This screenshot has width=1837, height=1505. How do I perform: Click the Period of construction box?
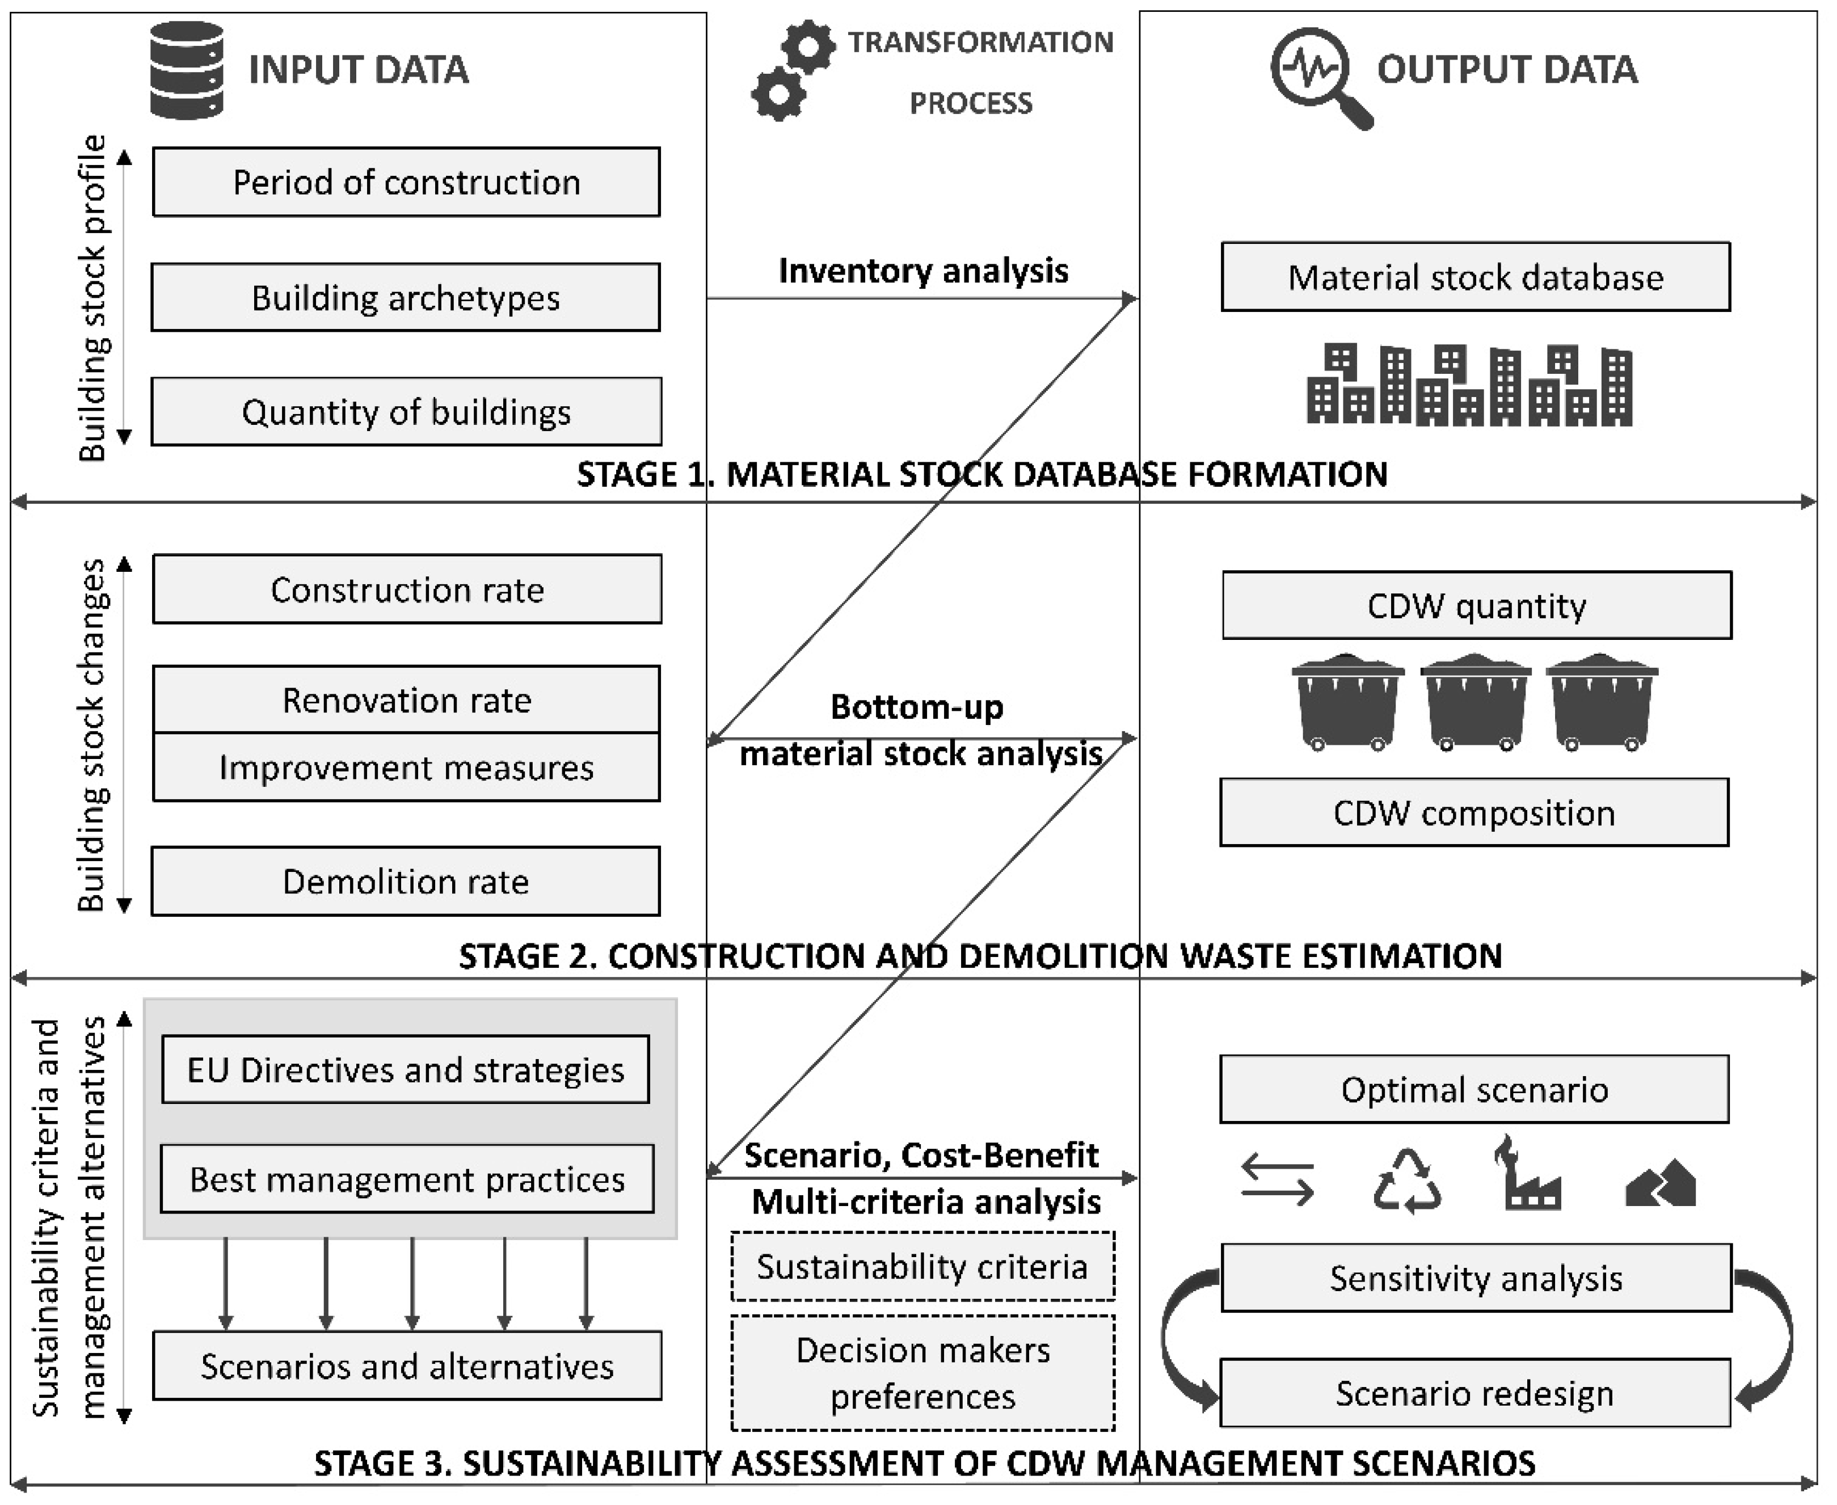point(406,182)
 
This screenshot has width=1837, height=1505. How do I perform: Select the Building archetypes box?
point(406,297)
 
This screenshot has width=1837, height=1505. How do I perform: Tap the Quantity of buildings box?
point(406,412)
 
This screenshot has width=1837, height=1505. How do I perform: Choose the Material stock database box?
point(1476,277)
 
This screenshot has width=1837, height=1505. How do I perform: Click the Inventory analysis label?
point(922,271)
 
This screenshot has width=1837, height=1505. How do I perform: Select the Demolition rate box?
point(406,882)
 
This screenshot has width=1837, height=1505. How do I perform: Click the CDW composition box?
point(1474,813)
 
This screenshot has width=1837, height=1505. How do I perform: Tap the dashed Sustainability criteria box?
point(922,1267)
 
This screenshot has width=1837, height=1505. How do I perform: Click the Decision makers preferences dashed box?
point(922,1374)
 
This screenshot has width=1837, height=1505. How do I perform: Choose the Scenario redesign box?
point(1474,1393)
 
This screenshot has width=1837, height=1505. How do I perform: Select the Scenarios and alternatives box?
point(406,1366)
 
